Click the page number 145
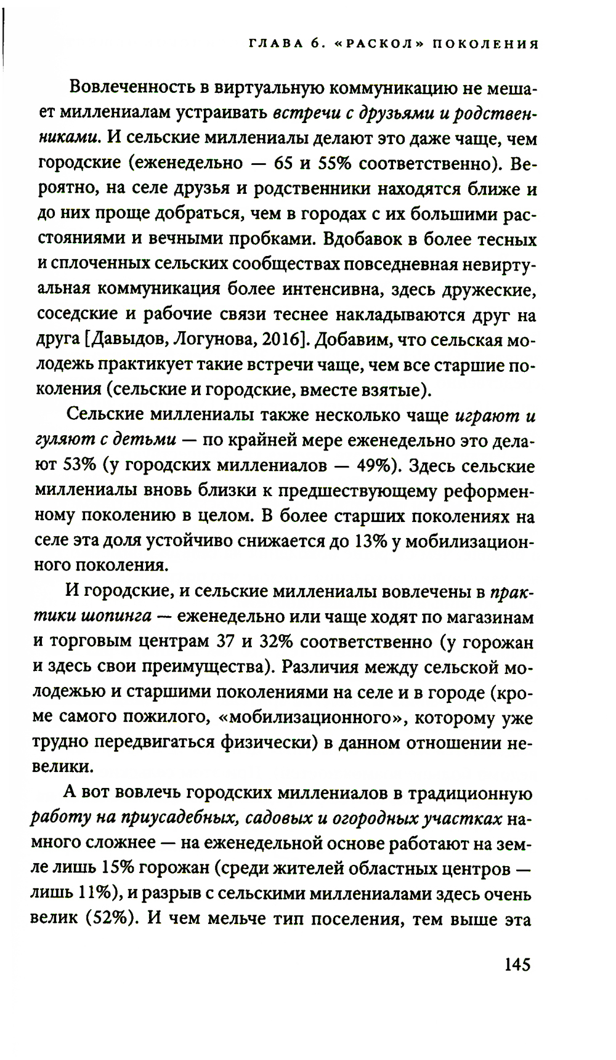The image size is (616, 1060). click(x=517, y=964)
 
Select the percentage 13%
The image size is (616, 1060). click(x=371, y=540)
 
